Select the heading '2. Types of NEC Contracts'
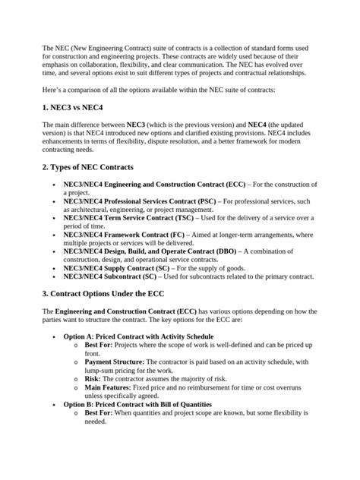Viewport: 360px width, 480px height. coord(93,166)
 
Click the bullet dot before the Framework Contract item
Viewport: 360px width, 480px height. coord(52,236)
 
